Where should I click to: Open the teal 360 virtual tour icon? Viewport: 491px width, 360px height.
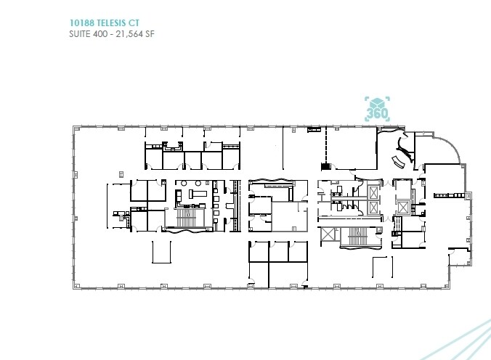(x=377, y=110)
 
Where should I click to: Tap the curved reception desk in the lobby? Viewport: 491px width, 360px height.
(x=397, y=160)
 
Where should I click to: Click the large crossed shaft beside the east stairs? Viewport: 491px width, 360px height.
(x=328, y=235)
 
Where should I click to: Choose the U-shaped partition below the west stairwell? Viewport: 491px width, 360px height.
(x=161, y=251)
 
